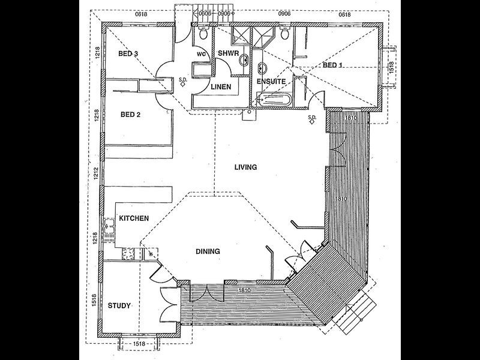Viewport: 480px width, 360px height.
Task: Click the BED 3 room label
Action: tap(128, 54)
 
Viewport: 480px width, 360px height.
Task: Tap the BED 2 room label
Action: tap(130, 115)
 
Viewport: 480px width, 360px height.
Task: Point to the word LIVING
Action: tap(246, 167)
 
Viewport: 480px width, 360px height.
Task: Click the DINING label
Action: tap(208, 251)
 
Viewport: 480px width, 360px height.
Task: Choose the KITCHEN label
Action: tap(134, 219)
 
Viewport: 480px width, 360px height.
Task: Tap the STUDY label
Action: tap(119, 305)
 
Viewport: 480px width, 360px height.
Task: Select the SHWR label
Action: tap(227, 53)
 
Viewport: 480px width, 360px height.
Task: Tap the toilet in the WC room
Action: tap(204, 35)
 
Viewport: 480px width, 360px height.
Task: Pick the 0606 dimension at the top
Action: tap(205, 13)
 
